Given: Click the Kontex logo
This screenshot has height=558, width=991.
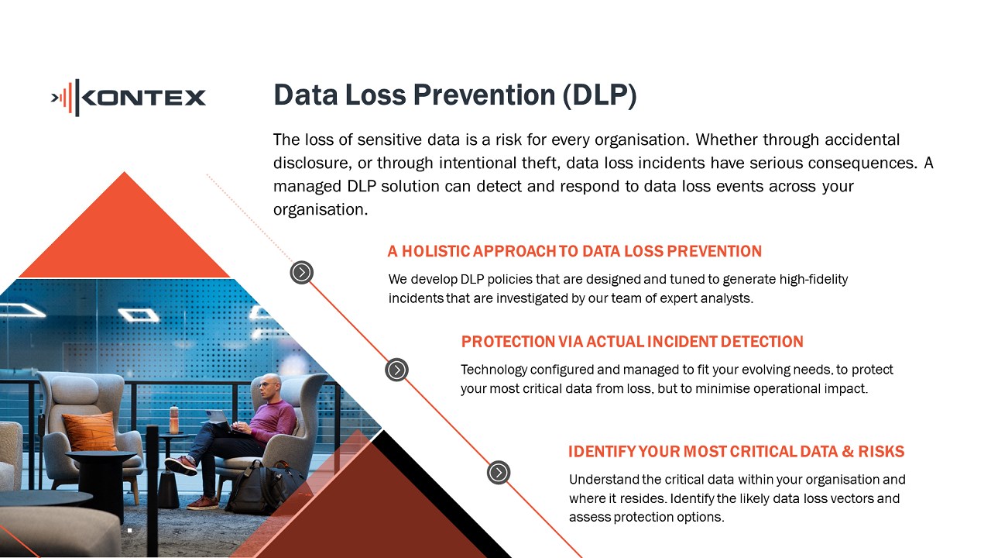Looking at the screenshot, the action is [129, 98].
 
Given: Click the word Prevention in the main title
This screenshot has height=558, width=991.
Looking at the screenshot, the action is [484, 95].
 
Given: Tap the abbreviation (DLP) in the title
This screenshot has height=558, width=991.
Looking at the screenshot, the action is [599, 95].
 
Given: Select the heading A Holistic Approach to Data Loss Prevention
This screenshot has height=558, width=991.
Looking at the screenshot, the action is [574, 251].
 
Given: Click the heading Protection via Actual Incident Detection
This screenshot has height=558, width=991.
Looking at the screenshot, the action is [633, 342].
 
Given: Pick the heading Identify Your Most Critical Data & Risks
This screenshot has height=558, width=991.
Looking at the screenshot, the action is [736, 451].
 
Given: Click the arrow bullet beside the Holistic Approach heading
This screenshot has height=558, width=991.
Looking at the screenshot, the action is [302, 272].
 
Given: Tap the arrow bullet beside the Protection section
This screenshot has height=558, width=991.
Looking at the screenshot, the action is [396, 370].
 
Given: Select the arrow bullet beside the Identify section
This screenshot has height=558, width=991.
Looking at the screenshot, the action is [499, 473].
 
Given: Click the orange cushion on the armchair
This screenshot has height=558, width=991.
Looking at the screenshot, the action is [91, 431].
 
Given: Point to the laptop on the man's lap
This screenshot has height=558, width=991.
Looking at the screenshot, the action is [220, 419].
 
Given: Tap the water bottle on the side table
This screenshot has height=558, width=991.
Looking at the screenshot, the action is [174, 420].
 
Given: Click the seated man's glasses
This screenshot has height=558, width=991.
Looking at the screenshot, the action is [266, 385].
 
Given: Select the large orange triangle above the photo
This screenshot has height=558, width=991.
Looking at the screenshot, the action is [125, 225].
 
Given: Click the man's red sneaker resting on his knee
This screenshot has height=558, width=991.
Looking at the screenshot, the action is [181, 465].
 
